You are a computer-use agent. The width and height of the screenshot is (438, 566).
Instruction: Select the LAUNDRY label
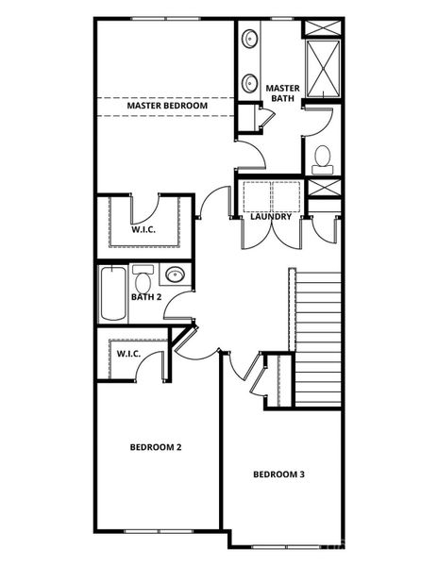click(x=270, y=217)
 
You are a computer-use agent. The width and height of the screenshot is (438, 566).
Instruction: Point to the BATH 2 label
click(x=147, y=297)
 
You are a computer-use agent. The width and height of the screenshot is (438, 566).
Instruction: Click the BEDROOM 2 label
click(x=156, y=446)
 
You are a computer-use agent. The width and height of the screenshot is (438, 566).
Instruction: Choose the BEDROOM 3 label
click(x=278, y=474)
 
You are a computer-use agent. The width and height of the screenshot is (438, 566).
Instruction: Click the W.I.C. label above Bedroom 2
click(x=128, y=354)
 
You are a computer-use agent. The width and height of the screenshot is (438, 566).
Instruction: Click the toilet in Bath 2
click(x=143, y=279)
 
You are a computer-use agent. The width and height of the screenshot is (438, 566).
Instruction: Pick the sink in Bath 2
click(x=175, y=275)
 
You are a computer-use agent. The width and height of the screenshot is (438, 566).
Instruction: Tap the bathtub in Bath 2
click(x=111, y=294)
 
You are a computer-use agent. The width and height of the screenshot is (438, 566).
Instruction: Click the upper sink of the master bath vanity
click(x=250, y=40)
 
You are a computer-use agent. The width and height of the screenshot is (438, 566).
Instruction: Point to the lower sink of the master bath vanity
click(x=250, y=81)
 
